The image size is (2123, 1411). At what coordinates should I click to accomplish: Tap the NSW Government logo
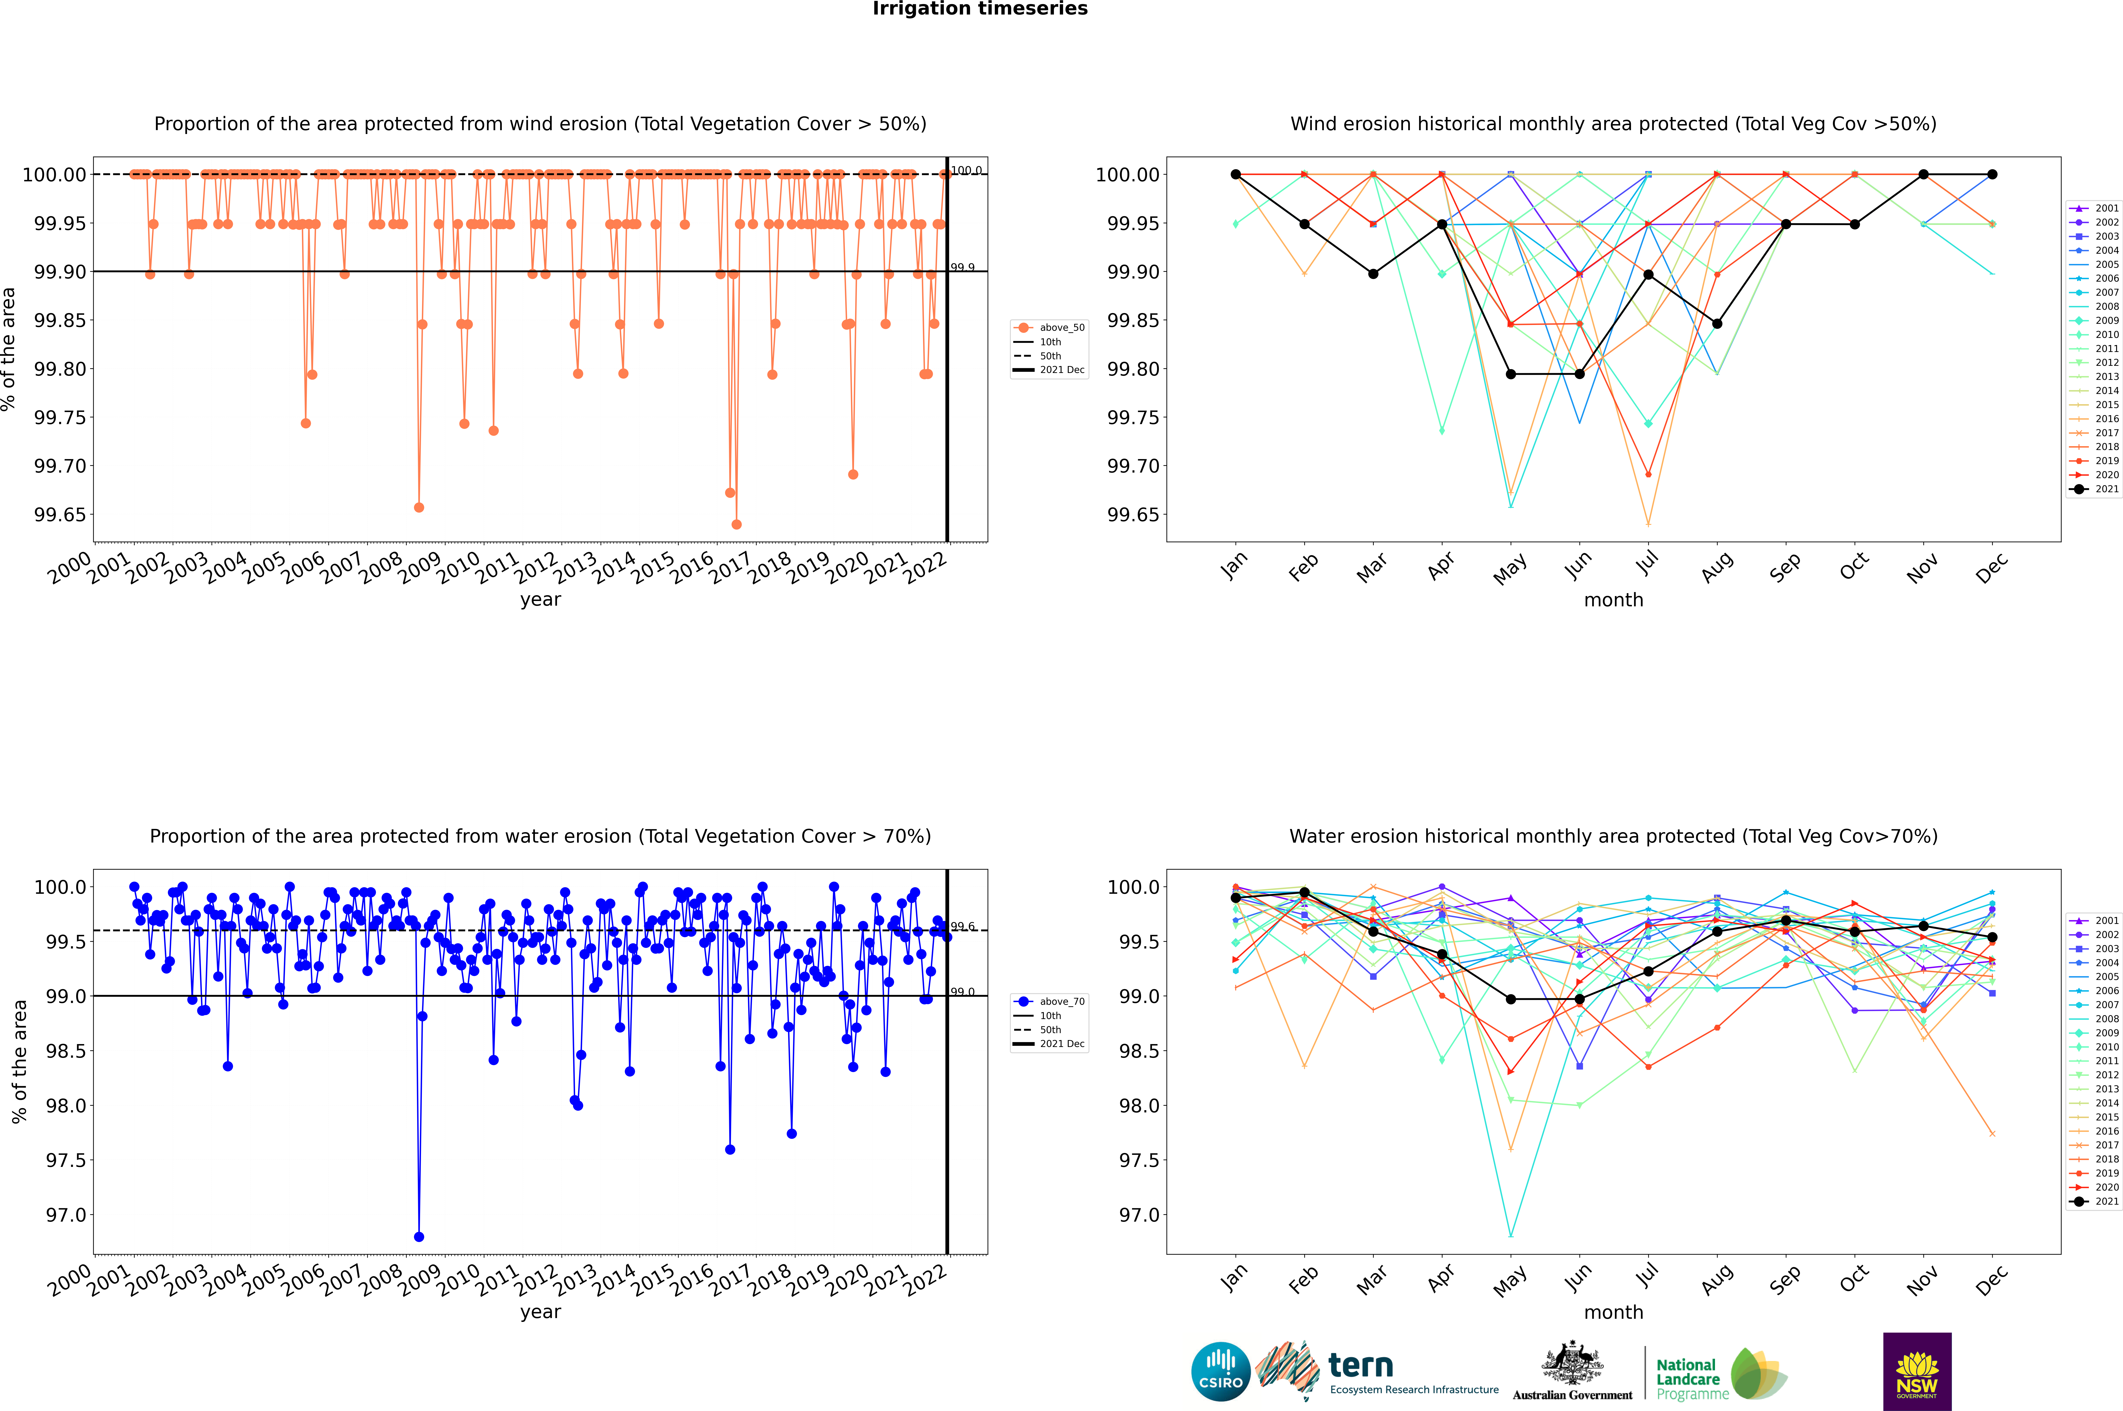[x=1917, y=1371]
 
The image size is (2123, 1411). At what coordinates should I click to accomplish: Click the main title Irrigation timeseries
[x=980, y=9]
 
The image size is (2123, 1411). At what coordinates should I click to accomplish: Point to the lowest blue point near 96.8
[x=419, y=1236]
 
